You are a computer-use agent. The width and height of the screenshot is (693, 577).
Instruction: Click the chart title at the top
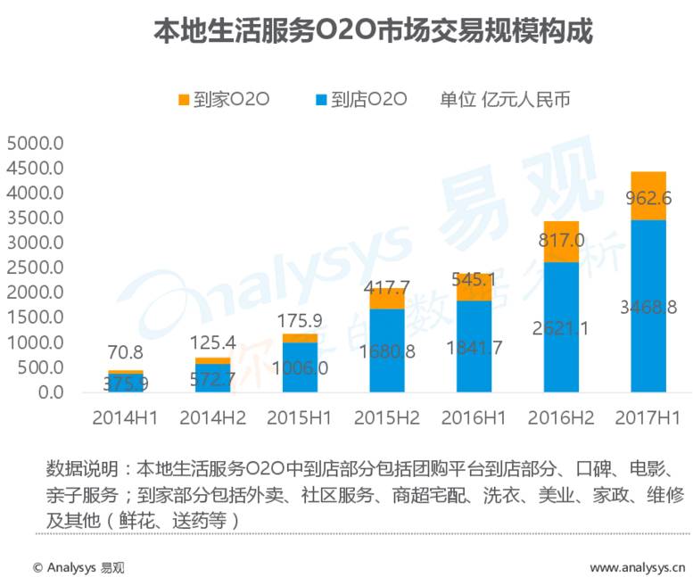pos(374,31)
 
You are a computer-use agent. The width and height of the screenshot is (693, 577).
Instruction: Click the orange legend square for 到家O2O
pos(185,100)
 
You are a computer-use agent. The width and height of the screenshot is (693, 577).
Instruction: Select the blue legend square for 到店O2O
pos(323,100)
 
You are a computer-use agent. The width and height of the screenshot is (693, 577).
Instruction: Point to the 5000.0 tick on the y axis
pos(36,144)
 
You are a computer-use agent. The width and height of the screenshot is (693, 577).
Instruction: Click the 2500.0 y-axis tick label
pos(36,268)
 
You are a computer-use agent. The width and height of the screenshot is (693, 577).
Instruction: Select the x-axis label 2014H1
pos(125,417)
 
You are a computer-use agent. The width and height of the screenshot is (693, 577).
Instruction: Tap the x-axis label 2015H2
pos(387,417)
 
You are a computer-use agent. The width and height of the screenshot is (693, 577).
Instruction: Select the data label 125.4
pos(212,342)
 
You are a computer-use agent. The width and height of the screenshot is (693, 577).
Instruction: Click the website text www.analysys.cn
pos(637,566)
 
